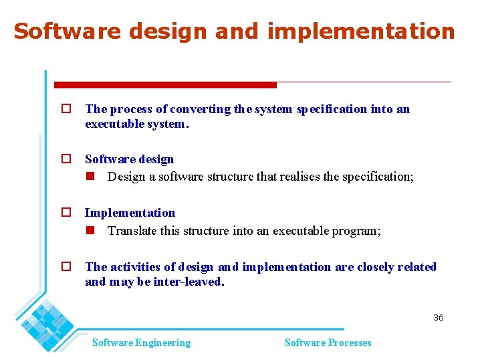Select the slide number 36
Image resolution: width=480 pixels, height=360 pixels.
pyautogui.click(x=438, y=317)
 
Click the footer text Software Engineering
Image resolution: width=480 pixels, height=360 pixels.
pyautogui.click(x=141, y=343)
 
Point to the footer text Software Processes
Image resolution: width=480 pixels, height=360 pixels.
pyautogui.click(x=328, y=343)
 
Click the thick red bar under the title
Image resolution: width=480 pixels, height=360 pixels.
pyautogui.click(x=165, y=85)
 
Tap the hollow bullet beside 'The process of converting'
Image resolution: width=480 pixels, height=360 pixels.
pyautogui.click(x=66, y=109)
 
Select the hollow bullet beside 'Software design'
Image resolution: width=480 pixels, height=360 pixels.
pyautogui.click(x=66, y=159)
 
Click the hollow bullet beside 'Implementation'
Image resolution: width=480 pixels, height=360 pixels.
pyautogui.click(x=66, y=213)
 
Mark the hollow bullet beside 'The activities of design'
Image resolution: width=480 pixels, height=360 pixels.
pyautogui.click(x=66, y=267)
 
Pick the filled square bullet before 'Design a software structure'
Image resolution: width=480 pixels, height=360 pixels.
pyautogui.click(x=90, y=177)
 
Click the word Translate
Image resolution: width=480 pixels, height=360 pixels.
pyautogui.click(x=132, y=232)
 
